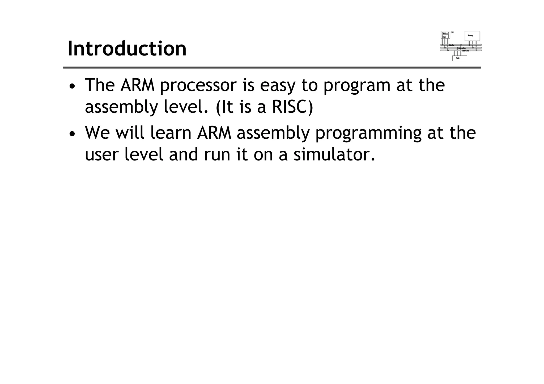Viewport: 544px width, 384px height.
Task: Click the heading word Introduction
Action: tap(127, 49)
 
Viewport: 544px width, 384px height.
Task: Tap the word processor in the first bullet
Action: tap(198, 85)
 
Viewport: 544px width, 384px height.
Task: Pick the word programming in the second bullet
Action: tap(368, 133)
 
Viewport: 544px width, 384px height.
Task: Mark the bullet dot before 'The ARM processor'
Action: tap(72, 86)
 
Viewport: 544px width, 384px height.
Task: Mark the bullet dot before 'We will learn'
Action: tap(72, 134)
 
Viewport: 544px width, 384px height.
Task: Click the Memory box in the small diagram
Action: tap(472, 36)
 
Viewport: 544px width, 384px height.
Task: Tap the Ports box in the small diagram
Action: tap(460, 58)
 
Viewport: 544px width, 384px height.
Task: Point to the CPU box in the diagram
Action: tap(445, 35)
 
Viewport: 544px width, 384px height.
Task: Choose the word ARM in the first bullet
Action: tap(137, 85)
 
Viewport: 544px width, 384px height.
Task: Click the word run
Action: tap(217, 155)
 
